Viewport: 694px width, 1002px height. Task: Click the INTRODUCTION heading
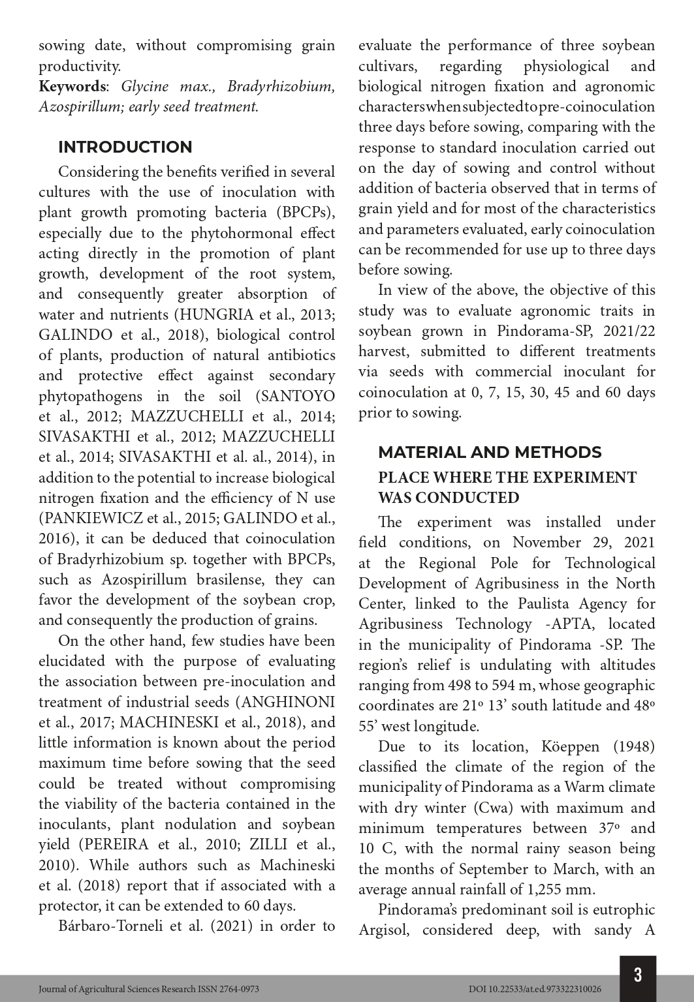(x=125, y=147)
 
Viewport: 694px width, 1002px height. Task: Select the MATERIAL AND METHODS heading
(x=490, y=452)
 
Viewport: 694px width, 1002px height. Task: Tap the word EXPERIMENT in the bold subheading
(x=584, y=478)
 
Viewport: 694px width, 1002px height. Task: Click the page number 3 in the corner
(x=637, y=975)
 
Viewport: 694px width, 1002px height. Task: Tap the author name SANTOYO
(x=304, y=396)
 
